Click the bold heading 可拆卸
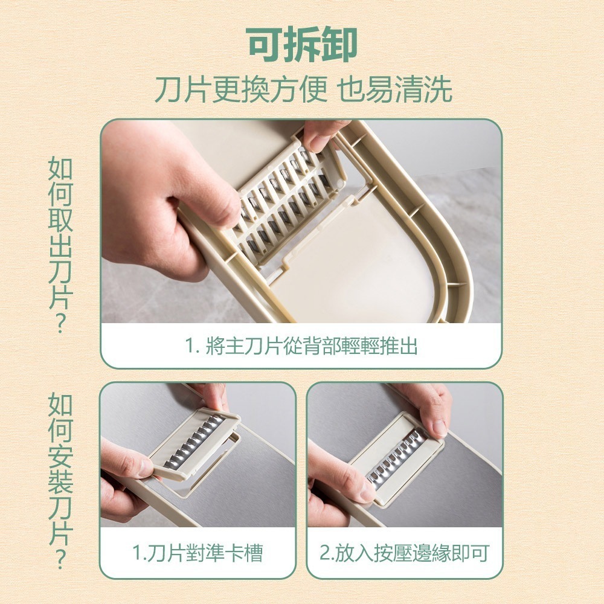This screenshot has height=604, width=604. [x=302, y=45]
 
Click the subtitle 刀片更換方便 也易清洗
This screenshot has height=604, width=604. [x=302, y=90]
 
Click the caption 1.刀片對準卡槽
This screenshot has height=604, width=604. [x=198, y=553]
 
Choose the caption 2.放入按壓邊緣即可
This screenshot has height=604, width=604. [x=404, y=553]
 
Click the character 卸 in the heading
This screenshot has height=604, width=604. [x=338, y=45]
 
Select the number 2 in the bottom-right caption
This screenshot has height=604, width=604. [x=324, y=553]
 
